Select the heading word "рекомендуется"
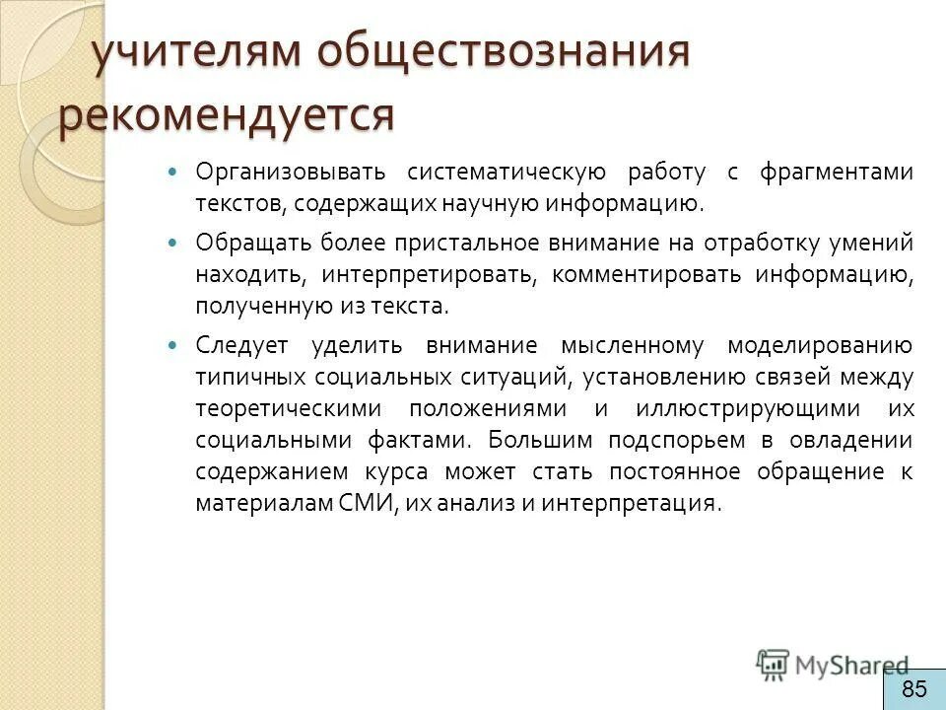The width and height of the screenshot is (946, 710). (226, 115)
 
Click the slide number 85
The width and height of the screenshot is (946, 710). (913, 688)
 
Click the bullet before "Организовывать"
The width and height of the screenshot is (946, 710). (176, 173)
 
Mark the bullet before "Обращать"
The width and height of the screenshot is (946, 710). (176, 242)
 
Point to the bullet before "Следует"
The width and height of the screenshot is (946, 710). (176, 346)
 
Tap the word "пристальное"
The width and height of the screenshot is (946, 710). (455, 242)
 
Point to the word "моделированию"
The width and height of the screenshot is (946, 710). (820, 346)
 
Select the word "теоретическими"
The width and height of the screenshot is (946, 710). (284, 408)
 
